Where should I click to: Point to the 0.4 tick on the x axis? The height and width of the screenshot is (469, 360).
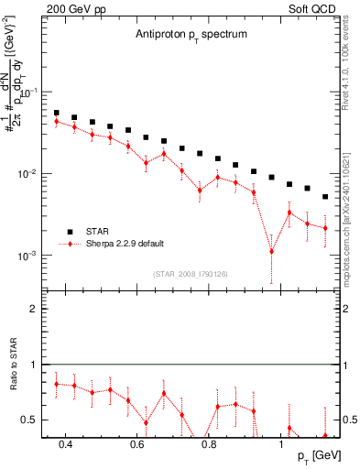tap(65, 446)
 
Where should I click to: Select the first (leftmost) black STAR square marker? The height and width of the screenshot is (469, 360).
tap(56, 114)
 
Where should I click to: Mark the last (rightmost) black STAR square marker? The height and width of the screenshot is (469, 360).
tap(325, 196)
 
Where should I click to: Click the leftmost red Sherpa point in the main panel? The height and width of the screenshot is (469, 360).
tap(56, 121)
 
